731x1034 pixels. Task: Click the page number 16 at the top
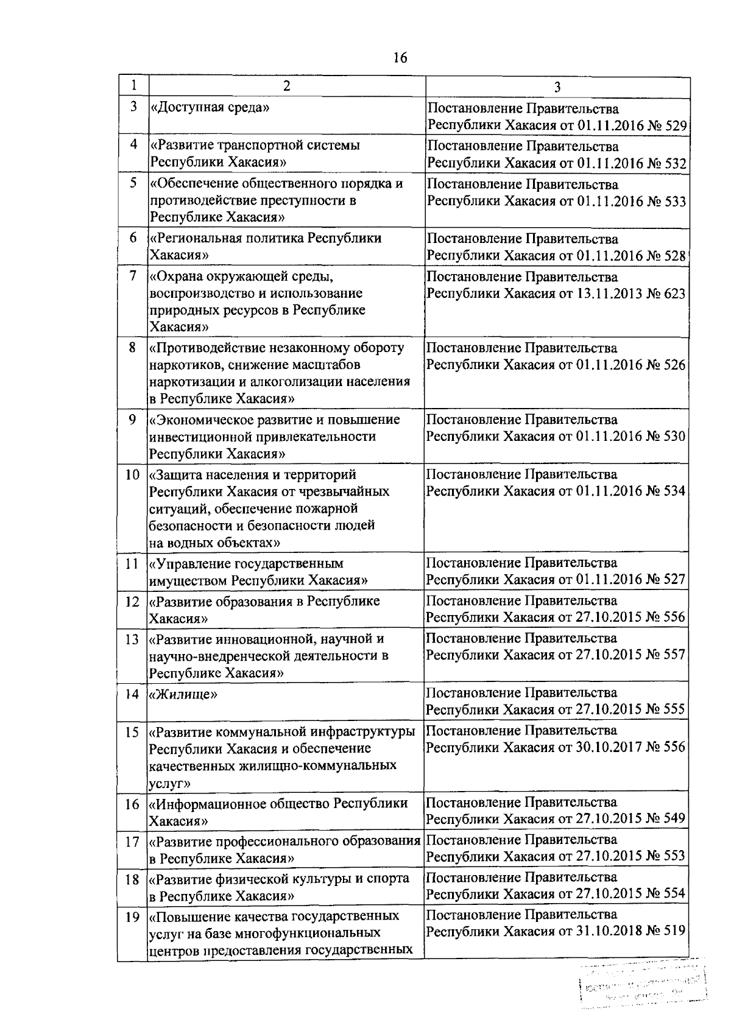point(400,58)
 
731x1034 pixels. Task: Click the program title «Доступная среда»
point(210,108)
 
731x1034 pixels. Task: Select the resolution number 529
point(676,127)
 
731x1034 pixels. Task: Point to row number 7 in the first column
point(132,276)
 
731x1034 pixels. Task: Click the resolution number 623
point(674,294)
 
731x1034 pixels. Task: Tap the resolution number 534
point(674,491)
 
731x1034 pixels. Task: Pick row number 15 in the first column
point(132,732)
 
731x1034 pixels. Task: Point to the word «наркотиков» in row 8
point(180,365)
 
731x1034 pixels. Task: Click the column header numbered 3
point(557,87)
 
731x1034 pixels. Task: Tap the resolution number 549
point(674,818)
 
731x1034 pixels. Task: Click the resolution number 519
point(674,931)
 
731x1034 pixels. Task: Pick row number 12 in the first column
point(132,602)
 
